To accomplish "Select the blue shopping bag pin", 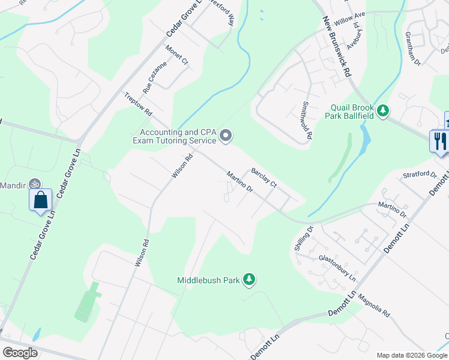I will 40,199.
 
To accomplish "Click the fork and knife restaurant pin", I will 439,141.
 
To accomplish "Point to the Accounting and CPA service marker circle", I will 226,136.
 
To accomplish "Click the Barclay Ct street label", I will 264,178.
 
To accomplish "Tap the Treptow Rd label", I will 138,104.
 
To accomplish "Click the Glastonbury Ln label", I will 337,268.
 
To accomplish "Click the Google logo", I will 20,353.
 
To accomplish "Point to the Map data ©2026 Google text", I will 412,355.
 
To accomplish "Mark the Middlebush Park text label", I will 208,280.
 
